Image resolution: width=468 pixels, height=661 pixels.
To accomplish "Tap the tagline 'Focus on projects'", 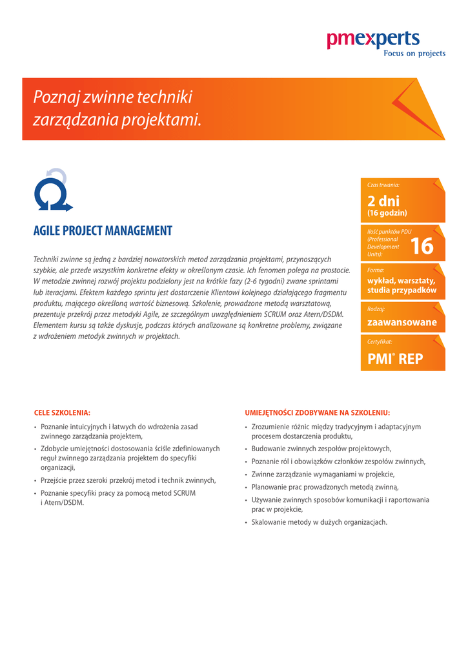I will click(414, 54).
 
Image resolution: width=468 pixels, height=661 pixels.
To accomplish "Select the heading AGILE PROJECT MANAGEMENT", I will click(103, 231).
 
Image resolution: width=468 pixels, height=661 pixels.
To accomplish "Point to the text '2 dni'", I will click(383, 201).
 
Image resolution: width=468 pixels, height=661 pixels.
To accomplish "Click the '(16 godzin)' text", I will click(387, 213).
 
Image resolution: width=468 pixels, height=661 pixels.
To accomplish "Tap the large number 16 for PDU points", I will click(422, 246).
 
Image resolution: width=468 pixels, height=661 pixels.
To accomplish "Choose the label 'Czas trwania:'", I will click(383, 185).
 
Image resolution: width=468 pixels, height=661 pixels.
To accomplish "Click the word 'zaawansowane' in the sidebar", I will click(402, 322).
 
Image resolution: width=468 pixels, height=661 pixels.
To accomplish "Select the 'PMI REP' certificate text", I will click(395, 360).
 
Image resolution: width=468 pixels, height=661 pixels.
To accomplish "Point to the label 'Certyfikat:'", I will click(380, 341).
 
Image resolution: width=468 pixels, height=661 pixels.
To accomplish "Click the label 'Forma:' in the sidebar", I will click(376, 270).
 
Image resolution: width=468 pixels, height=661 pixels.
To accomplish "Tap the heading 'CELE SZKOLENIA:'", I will click(62, 412).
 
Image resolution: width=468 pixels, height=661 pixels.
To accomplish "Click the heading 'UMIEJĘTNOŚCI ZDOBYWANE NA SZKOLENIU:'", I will click(317, 412).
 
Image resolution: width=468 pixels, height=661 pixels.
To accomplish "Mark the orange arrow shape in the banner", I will click(416, 110).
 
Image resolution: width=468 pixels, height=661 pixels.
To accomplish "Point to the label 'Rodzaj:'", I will click(376, 309).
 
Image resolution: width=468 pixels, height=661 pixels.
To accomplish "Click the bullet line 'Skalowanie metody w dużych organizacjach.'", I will click(319, 522).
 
